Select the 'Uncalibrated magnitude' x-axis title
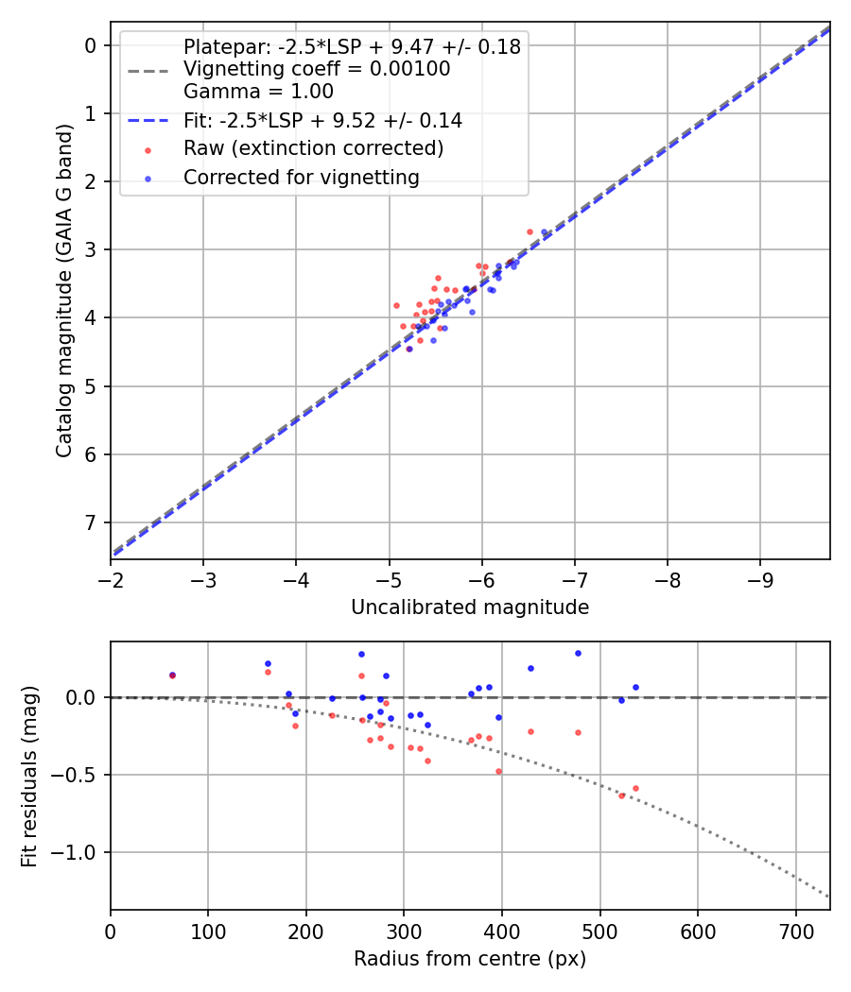click(470, 607)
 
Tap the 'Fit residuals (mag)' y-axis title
click(29, 776)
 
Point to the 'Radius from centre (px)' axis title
click(470, 959)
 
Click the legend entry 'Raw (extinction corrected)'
click(313, 148)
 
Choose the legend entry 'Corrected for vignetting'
click(301, 178)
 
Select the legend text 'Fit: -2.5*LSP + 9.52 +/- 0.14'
click(322, 121)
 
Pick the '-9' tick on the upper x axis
click(760, 578)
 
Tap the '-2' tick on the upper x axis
click(111, 578)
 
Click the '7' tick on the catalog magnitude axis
click(91, 522)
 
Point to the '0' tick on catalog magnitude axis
click(91, 45)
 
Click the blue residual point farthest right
click(635, 687)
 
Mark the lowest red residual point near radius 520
click(621, 795)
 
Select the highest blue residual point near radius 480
click(578, 653)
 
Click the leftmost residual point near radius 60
click(172, 676)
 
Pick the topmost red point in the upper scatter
click(530, 231)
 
